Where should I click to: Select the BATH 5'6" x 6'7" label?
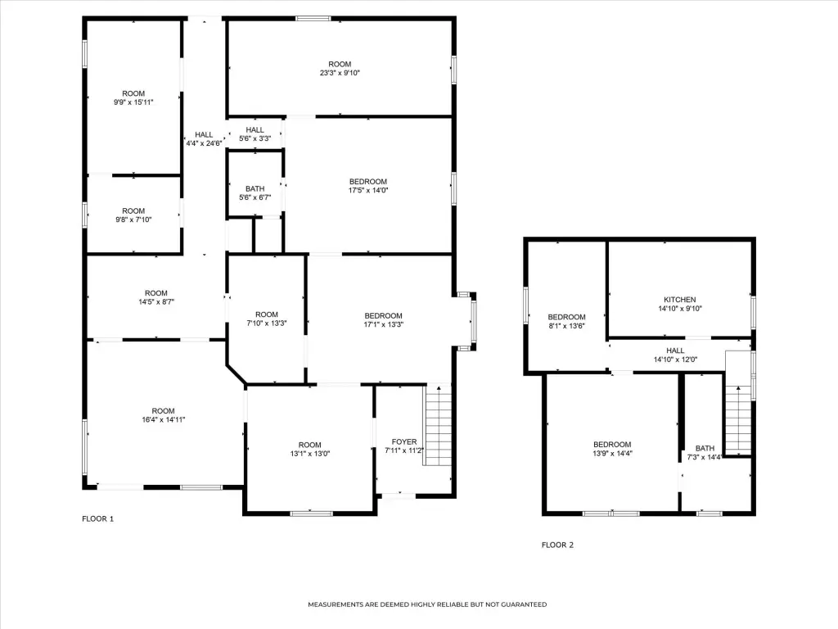click(x=255, y=193)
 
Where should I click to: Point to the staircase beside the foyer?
click(x=438, y=425)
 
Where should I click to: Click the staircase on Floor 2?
click(x=739, y=420)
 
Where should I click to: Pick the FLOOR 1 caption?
click(x=98, y=518)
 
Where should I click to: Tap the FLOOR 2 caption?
click(x=557, y=545)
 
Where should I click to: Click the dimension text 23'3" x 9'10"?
click(x=340, y=73)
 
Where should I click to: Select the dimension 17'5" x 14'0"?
click(x=368, y=190)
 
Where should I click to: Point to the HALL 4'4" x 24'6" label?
click(x=204, y=139)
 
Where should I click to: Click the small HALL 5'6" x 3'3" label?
click(x=255, y=134)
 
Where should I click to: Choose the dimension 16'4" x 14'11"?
click(x=164, y=420)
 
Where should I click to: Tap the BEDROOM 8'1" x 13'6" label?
click(x=566, y=321)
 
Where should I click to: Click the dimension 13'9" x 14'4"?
click(x=612, y=453)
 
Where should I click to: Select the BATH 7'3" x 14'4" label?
click(x=705, y=452)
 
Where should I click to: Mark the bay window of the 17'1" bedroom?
click(x=466, y=321)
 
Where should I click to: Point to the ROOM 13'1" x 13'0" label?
click(x=310, y=450)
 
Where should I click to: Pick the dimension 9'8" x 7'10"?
click(x=133, y=219)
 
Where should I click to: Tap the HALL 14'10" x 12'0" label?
click(x=675, y=355)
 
